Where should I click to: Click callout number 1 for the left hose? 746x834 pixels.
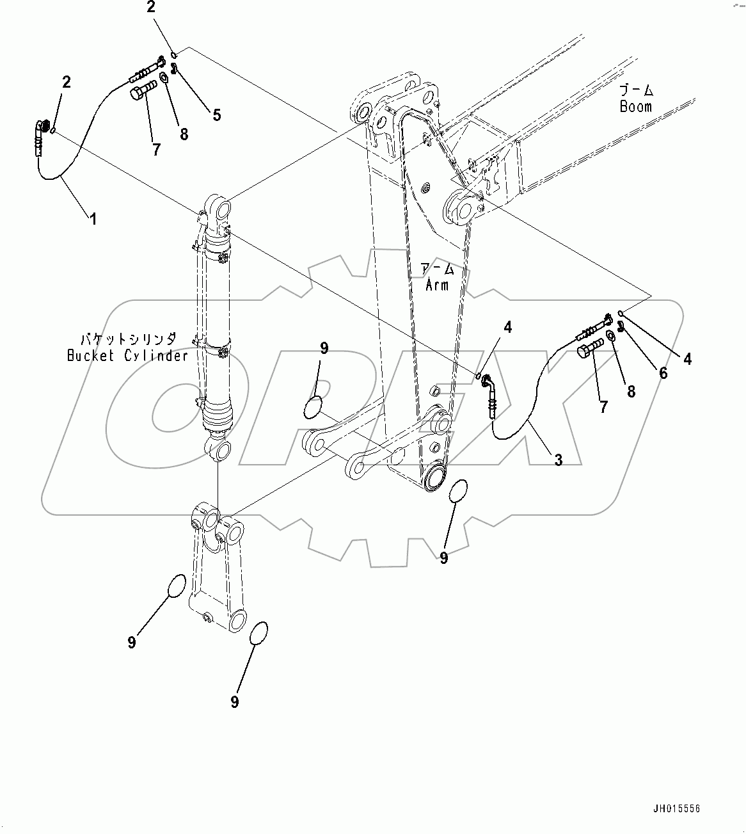click(93, 219)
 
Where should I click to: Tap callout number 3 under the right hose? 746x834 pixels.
click(558, 459)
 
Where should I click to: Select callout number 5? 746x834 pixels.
click(216, 115)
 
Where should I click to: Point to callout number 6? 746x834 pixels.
click(663, 373)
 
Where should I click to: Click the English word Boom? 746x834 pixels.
click(635, 106)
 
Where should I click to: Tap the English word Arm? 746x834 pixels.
click(438, 285)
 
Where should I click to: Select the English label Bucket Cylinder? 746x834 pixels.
click(128, 355)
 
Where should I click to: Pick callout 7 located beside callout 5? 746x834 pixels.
click(156, 150)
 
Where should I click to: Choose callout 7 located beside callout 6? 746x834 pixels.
click(603, 406)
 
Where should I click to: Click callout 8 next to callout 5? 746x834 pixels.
click(184, 134)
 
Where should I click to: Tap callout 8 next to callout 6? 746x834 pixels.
click(631, 392)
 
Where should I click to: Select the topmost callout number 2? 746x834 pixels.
click(151, 8)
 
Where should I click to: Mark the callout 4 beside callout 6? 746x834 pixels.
click(687, 359)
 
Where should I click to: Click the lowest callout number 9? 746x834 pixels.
click(234, 702)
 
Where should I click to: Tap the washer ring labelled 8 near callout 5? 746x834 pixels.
click(164, 77)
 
